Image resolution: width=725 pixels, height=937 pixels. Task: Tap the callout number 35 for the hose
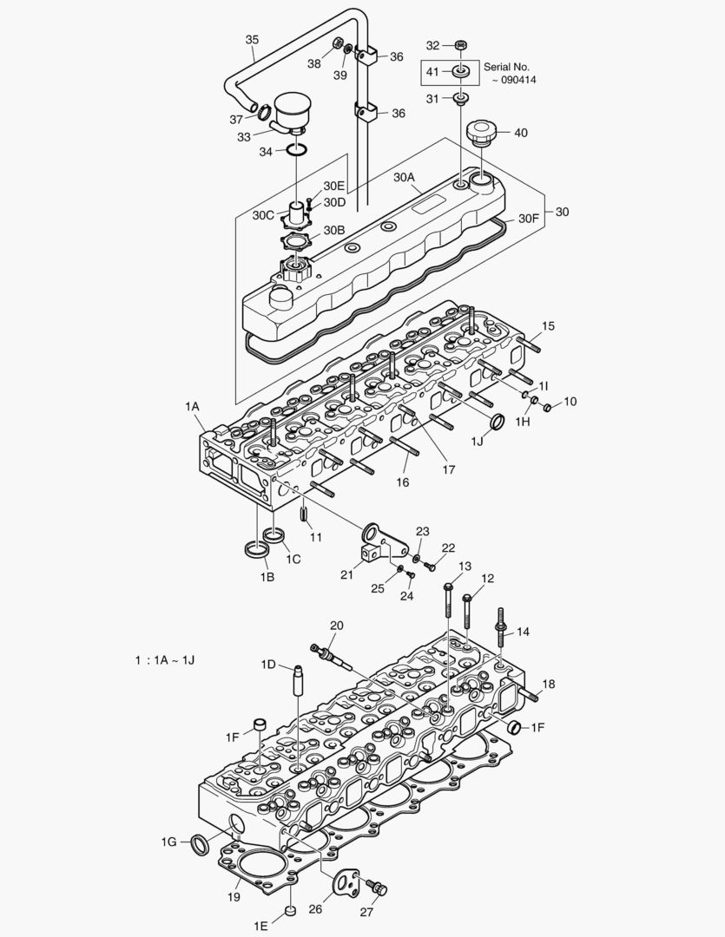point(252,39)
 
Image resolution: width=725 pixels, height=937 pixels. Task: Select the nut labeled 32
point(461,44)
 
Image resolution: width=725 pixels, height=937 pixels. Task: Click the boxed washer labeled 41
point(461,71)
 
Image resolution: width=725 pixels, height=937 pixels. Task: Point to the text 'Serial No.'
point(506,66)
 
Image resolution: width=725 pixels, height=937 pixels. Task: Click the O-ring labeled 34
point(296,151)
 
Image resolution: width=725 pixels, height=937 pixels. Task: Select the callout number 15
point(548,326)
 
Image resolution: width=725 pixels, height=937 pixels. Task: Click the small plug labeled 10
point(547,406)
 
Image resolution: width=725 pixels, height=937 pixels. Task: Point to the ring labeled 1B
point(258,549)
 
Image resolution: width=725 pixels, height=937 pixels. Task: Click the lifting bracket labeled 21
point(380,545)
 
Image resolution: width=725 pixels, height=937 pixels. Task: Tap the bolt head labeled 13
point(447,589)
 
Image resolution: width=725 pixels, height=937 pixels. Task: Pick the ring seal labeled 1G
point(200,843)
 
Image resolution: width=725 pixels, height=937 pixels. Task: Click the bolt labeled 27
point(378,888)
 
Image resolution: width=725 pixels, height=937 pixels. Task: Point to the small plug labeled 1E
point(292,912)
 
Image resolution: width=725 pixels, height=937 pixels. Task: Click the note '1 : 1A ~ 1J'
point(165,660)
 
